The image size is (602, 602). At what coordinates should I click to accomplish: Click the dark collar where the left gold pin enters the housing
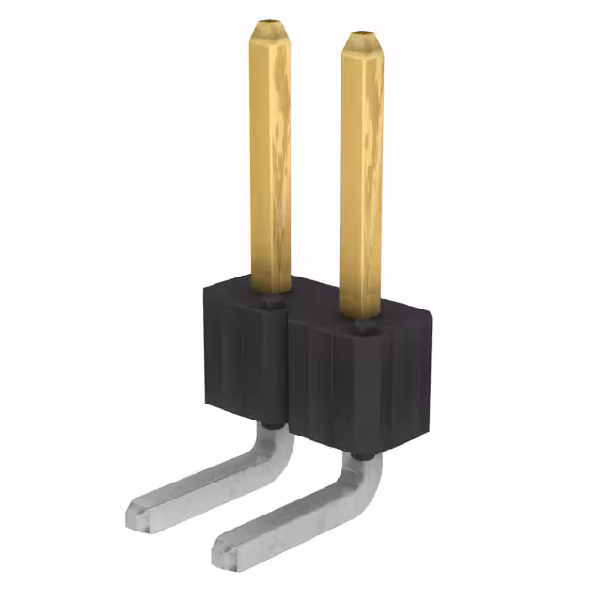[x=271, y=302]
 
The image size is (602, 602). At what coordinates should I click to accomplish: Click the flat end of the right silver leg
[x=226, y=545]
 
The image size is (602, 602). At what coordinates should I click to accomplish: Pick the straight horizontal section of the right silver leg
[x=292, y=513]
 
